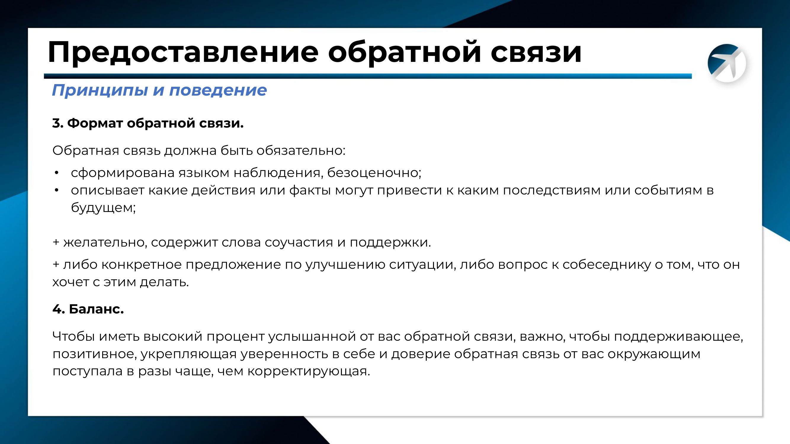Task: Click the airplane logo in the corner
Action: click(x=727, y=63)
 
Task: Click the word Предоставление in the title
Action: click(x=183, y=53)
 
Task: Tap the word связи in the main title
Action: click(x=536, y=53)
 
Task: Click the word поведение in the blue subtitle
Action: click(x=218, y=90)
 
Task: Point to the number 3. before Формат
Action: click(x=58, y=123)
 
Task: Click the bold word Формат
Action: click(x=95, y=123)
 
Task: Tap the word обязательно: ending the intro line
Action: click(x=301, y=151)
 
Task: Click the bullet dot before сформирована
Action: click(x=56, y=173)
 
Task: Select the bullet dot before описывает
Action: click(x=56, y=191)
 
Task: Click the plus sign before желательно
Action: click(x=56, y=242)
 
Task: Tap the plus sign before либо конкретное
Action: click(x=56, y=264)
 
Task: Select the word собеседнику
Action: click(x=606, y=264)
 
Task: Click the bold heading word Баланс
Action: click(x=96, y=309)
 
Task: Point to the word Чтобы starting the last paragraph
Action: click(x=73, y=337)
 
